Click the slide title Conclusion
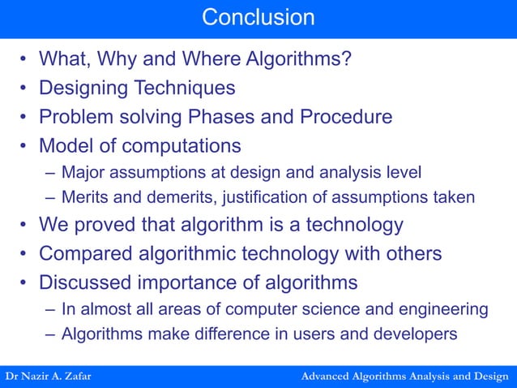click(258, 16)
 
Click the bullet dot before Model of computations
click(24, 146)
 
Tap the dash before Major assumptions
click(51, 172)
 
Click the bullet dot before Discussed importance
click(24, 282)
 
